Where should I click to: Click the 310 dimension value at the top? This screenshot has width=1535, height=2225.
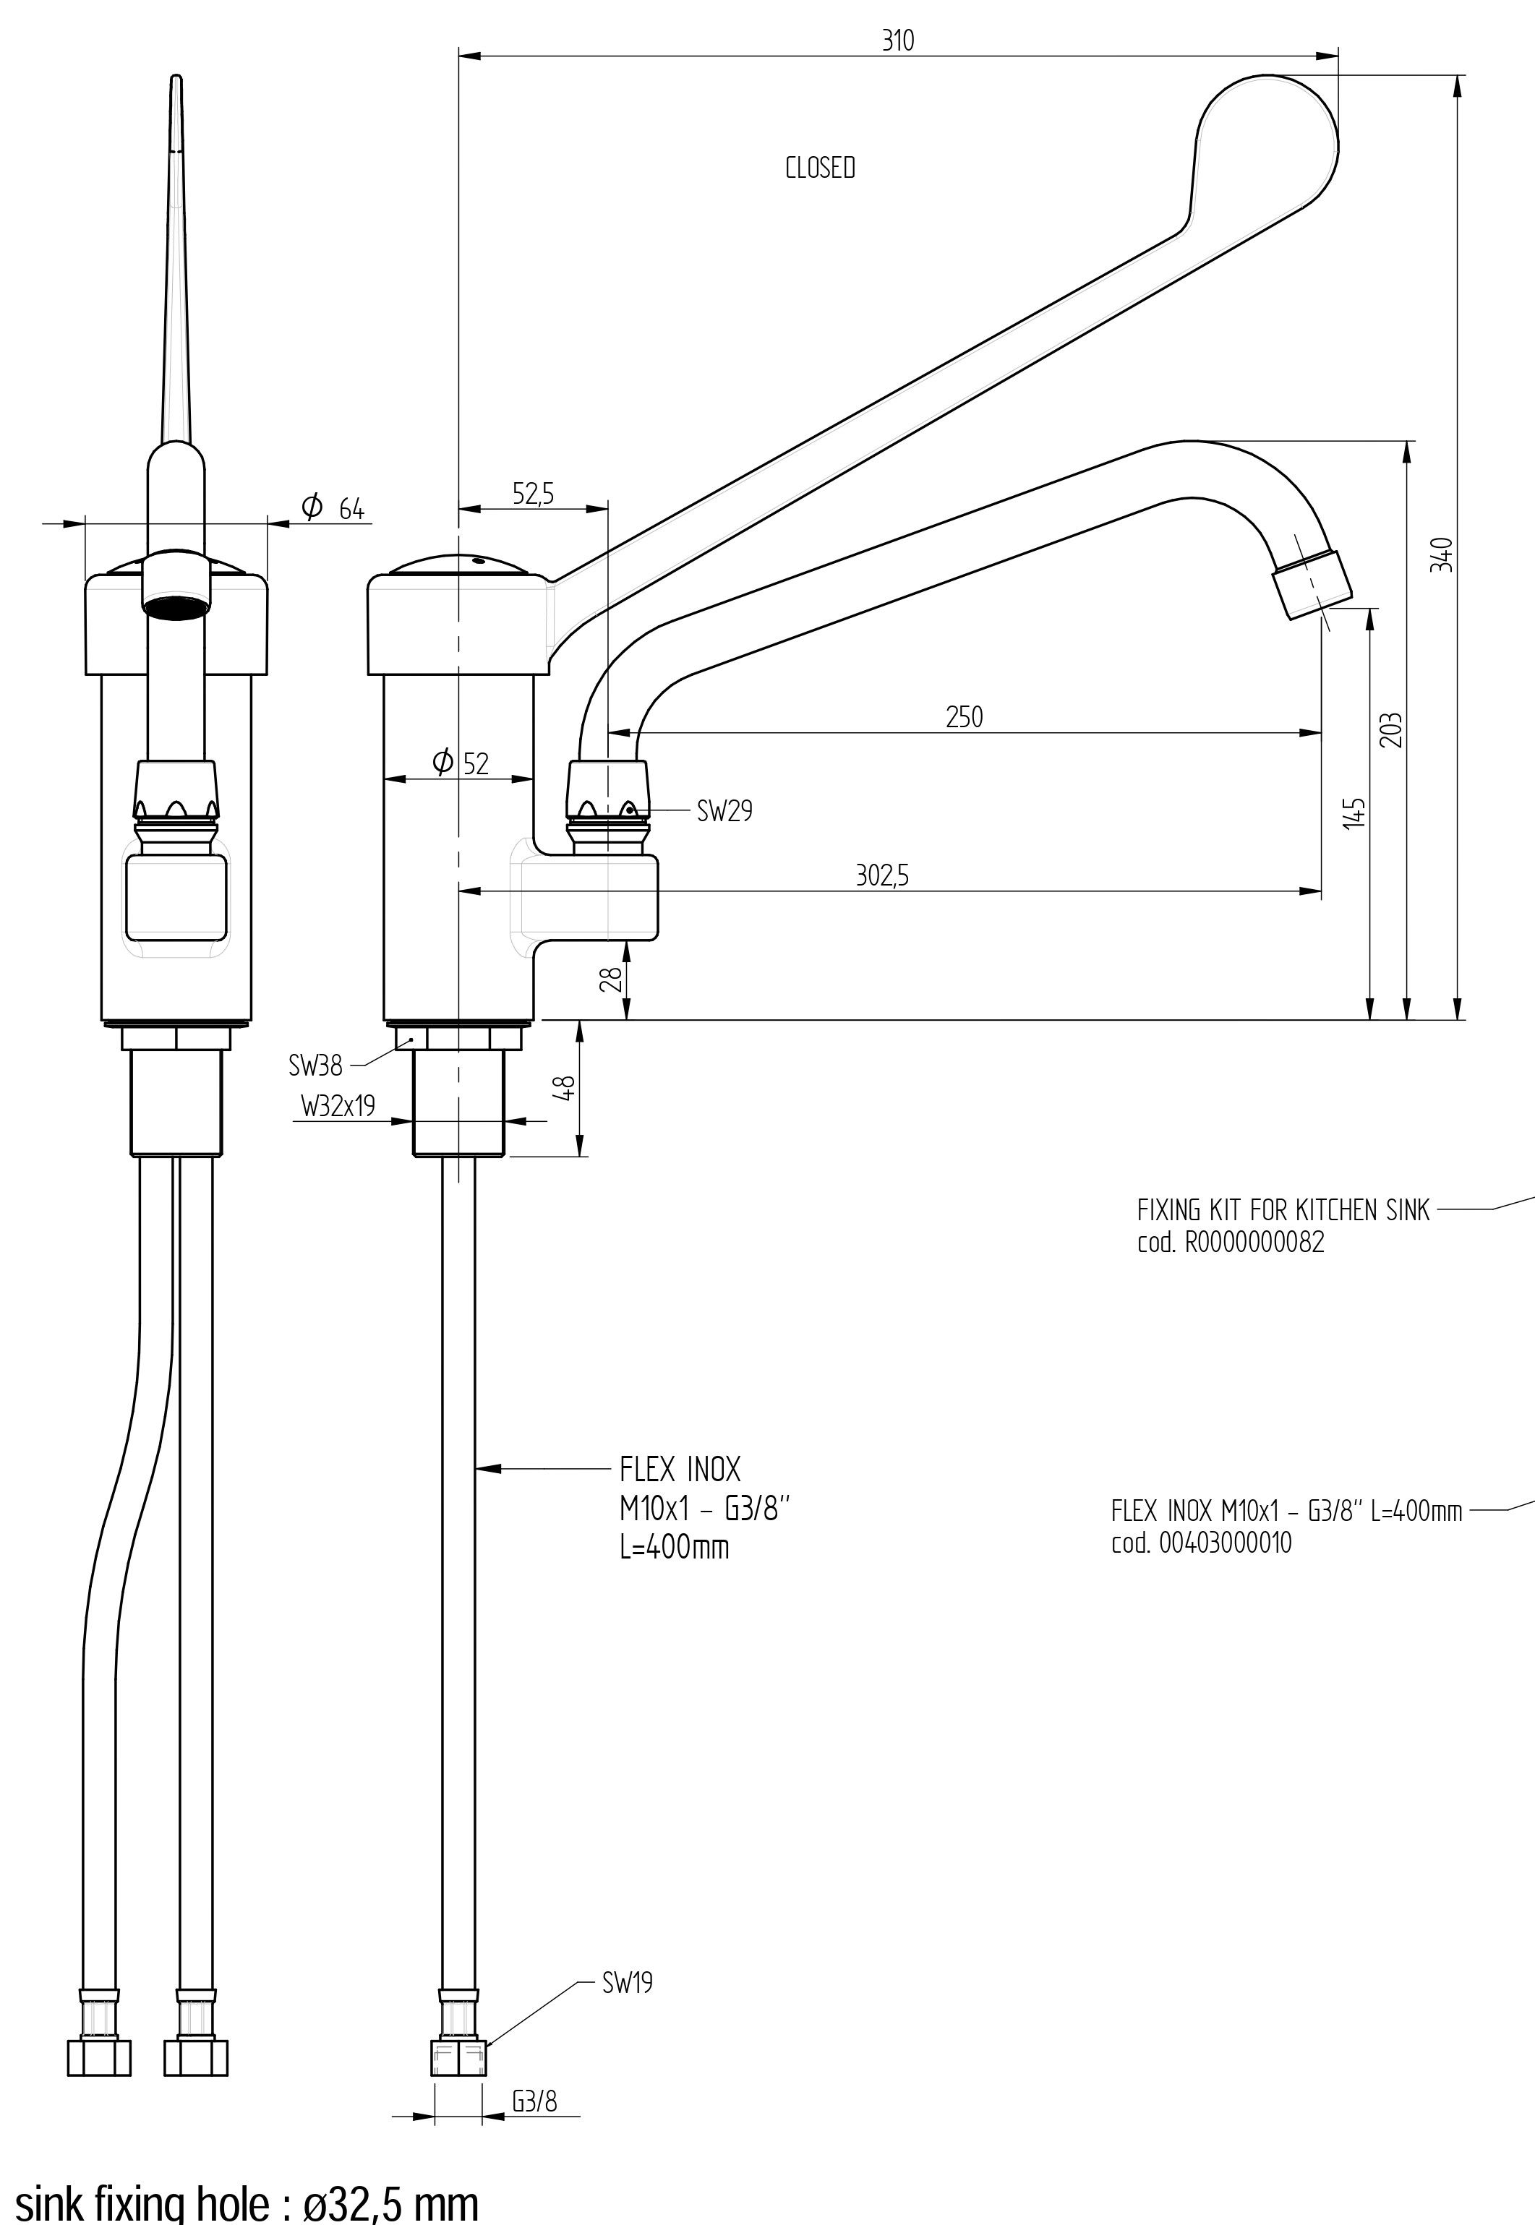point(897,41)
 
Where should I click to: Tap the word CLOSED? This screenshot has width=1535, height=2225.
point(819,168)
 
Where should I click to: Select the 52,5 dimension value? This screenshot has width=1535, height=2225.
point(533,494)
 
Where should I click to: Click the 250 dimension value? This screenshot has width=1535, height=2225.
point(964,717)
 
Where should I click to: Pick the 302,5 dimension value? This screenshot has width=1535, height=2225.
point(882,876)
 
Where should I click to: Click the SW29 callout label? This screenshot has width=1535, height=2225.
point(724,812)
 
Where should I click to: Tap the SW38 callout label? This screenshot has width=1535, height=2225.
point(315,1066)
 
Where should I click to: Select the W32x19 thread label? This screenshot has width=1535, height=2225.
point(338,1107)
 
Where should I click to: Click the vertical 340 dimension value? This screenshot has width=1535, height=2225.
point(1442,556)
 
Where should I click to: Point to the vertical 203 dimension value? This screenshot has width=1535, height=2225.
point(1396,730)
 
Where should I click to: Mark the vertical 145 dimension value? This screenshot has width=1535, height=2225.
point(1355,813)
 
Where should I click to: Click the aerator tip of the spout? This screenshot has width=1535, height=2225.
point(1311,582)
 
